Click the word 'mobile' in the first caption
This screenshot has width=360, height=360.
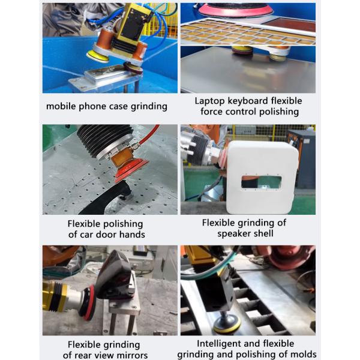61,106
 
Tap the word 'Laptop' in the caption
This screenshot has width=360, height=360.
209,101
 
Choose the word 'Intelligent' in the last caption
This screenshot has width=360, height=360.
217,344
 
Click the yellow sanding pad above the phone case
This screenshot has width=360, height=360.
98,56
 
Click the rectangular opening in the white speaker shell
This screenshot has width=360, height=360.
261,182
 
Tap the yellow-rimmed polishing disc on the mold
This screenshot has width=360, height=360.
227,324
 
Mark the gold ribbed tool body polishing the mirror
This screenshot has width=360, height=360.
55,296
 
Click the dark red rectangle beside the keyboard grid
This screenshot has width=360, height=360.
291,25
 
